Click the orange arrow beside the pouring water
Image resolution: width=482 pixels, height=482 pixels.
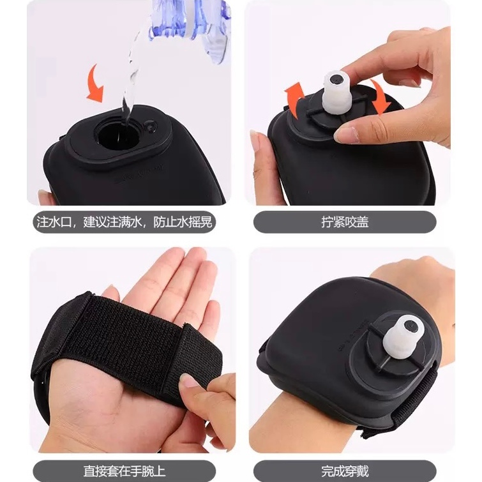tap(95, 84)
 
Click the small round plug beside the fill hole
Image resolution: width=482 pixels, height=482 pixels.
tap(151, 126)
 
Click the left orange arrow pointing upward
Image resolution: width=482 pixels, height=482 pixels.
tap(294, 100)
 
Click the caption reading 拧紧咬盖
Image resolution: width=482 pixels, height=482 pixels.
tap(345, 222)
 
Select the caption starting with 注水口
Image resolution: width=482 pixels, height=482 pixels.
tap(124, 222)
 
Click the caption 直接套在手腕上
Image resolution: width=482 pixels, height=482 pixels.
tap(124, 471)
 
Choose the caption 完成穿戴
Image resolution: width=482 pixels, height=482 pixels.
tap(345, 471)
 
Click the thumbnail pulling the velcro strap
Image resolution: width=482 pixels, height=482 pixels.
tap(188, 381)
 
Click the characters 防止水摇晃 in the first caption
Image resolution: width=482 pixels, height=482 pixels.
tap(183, 222)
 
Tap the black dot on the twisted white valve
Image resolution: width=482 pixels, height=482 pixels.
tap(336, 80)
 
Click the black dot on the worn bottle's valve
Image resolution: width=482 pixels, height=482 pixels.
tap(410, 326)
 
